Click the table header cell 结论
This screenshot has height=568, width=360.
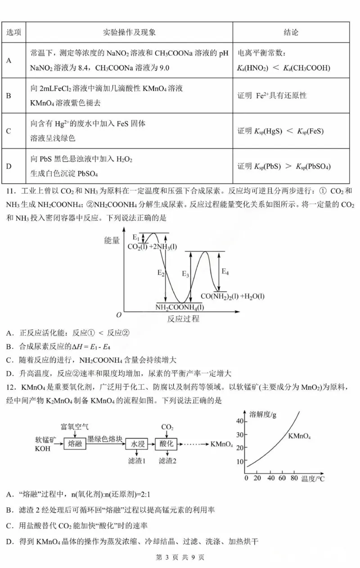click(x=291, y=32)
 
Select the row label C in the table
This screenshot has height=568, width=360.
click(x=9, y=131)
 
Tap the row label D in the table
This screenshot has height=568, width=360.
click(x=9, y=166)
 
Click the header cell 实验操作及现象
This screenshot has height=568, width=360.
click(x=130, y=32)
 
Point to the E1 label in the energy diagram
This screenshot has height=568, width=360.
click(x=136, y=237)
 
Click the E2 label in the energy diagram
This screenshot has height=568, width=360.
click(x=161, y=273)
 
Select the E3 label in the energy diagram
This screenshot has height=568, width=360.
click(x=185, y=274)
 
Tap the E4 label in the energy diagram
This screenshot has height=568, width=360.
click(x=225, y=272)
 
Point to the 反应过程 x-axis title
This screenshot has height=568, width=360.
click(x=183, y=319)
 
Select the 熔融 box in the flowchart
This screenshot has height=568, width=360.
click(x=74, y=444)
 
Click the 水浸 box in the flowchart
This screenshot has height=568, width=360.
click(x=137, y=444)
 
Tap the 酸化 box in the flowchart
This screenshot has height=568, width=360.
click(x=166, y=444)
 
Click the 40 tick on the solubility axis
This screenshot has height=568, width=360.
click(x=240, y=421)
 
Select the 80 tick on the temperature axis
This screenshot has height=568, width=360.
click(x=294, y=478)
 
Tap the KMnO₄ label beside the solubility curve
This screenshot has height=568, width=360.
click(x=300, y=436)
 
